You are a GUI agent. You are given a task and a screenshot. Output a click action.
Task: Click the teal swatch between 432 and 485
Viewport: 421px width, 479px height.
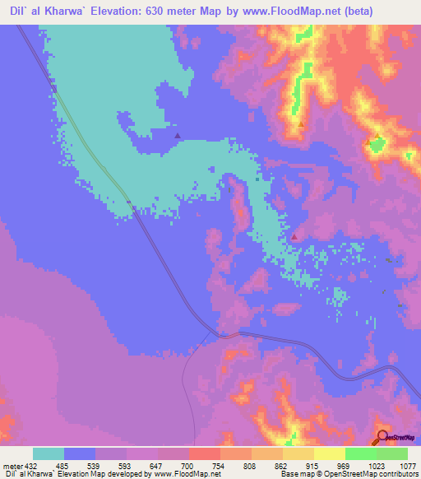click(x=49, y=453)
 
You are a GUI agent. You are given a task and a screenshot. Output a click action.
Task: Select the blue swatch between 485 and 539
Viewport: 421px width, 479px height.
click(x=80, y=453)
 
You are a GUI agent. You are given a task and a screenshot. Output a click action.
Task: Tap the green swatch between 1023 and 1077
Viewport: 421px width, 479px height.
click(x=392, y=453)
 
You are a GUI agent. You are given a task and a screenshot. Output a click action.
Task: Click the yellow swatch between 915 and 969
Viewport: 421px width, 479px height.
click(x=330, y=453)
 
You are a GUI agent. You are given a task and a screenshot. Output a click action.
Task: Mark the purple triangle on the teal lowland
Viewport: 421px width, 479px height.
click(x=178, y=135)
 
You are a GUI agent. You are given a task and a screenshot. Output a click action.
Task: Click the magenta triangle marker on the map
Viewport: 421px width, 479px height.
click(x=294, y=237)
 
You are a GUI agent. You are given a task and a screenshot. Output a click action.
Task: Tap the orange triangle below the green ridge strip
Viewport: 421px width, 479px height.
click(x=301, y=125)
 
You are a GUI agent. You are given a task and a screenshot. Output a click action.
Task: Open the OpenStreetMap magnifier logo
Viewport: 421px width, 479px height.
click(x=382, y=435)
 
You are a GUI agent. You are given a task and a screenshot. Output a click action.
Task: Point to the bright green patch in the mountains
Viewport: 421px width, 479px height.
click(x=377, y=146)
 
